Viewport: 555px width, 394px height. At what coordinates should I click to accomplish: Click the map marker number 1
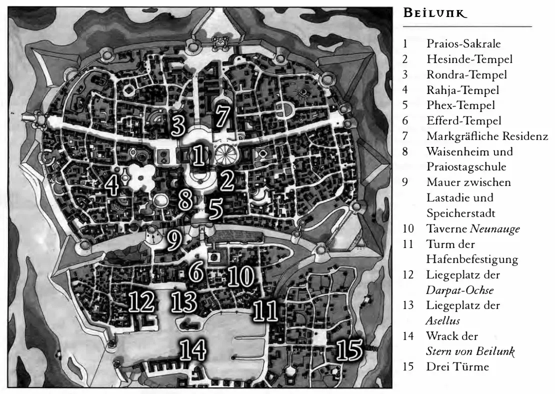[x=198, y=156]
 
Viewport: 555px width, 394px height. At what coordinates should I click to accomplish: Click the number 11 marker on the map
[x=265, y=310]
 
